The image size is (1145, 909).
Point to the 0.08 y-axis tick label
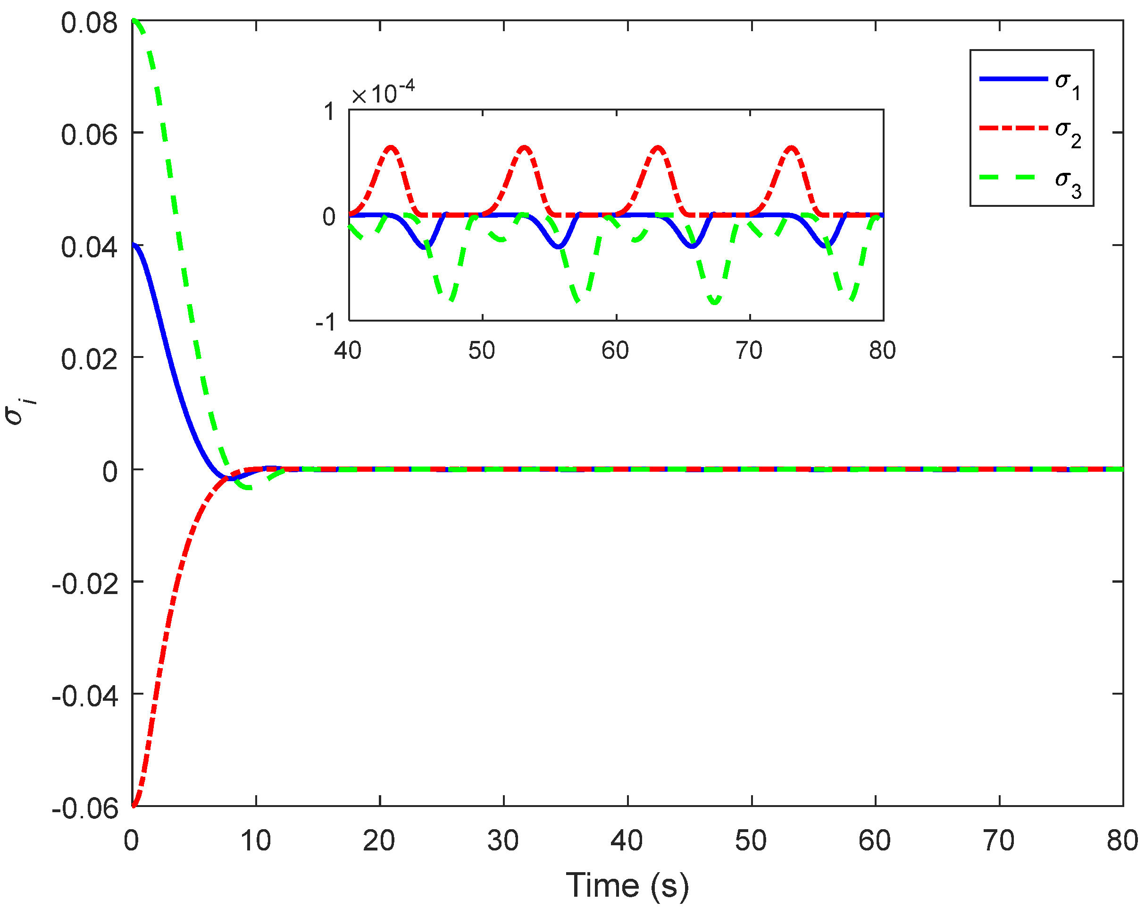[x=89, y=24]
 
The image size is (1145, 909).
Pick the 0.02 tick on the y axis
[x=89, y=360]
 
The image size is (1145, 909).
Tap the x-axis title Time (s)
[x=627, y=885]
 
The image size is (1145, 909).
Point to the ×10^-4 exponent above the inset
[x=383, y=94]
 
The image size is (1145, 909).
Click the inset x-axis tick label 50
[x=481, y=351]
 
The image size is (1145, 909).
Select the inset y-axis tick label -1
[x=325, y=322]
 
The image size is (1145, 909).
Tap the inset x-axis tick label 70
[x=749, y=351]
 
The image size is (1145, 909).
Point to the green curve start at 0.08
[x=135, y=21]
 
